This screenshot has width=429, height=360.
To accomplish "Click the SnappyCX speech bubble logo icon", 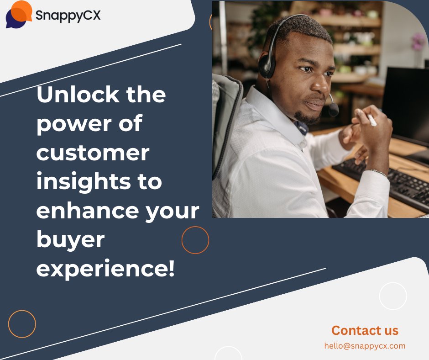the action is tap(19, 14).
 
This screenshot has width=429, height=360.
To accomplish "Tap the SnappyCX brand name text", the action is tap(68, 16).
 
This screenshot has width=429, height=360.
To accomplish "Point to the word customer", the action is tap(93, 153).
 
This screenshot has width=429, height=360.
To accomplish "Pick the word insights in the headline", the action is tap(84, 181).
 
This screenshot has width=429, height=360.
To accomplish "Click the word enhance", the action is tap(87, 211).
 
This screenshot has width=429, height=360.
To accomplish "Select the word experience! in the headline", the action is tap(105, 269).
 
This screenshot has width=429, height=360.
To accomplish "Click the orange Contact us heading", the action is tap(365, 330).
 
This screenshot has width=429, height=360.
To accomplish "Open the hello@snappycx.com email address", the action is tap(365, 346).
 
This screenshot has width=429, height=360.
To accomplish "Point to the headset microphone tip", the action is tap(334, 110).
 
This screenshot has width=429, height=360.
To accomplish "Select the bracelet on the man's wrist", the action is tap(379, 172).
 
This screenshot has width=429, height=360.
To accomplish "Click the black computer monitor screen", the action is tap(406, 104).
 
